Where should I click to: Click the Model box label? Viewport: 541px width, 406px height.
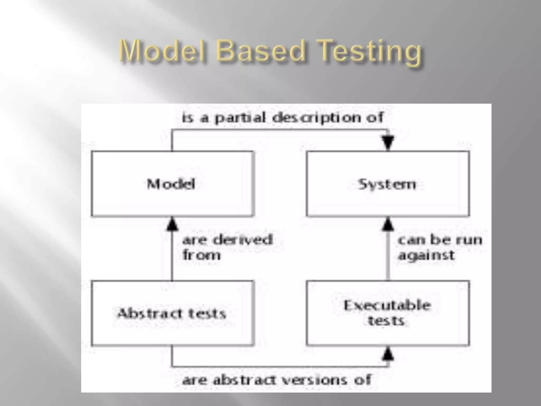pos(171,184)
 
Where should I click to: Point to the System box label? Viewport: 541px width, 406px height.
pos(387,184)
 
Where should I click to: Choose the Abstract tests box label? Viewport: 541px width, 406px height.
pos(172,313)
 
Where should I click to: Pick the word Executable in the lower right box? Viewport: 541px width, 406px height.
pos(387,306)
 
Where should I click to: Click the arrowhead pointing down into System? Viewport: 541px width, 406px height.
pos(388,143)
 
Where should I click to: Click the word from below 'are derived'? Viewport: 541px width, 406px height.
pos(201,255)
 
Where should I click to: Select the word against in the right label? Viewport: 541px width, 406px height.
pos(426,255)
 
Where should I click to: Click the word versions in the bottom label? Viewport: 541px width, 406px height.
pos(314,380)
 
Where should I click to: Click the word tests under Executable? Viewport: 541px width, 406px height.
pos(386,321)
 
